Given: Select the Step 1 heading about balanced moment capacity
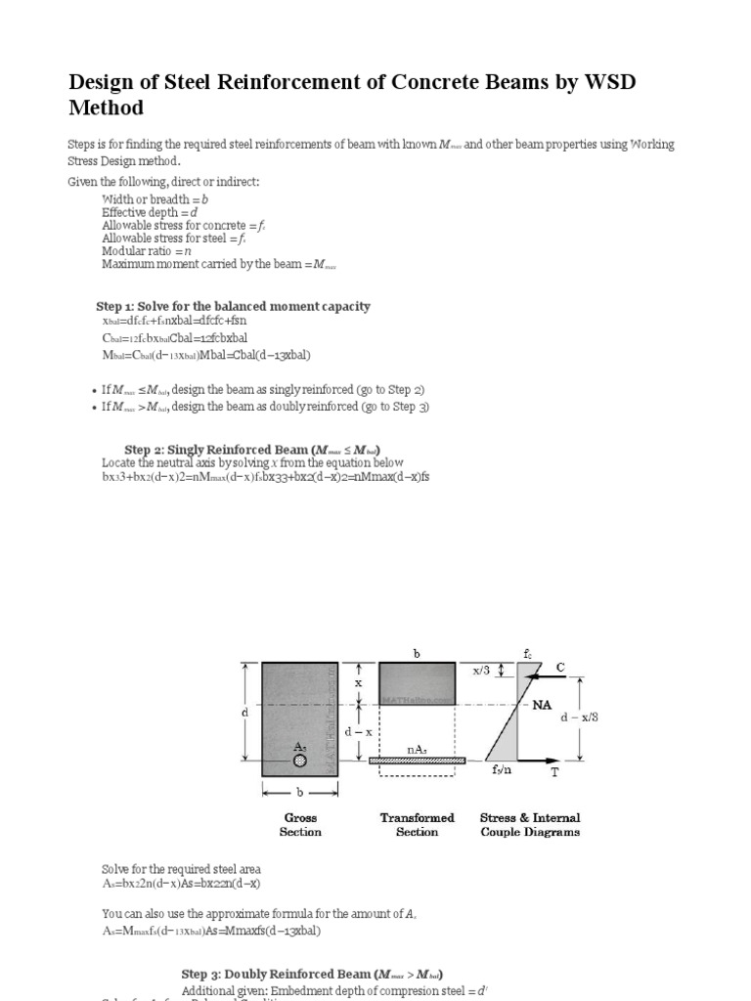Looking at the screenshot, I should [x=233, y=306].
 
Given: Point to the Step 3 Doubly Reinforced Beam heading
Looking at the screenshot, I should [x=312, y=974].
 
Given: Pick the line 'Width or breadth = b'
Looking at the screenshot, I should [x=155, y=198].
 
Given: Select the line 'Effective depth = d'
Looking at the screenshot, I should [x=151, y=211].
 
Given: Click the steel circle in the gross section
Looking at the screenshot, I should [x=300, y=760].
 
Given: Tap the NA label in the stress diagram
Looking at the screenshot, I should [x=543, y=705].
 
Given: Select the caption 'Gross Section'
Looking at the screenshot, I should [x=300, y=825].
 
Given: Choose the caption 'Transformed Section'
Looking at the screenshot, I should [x=418, y=825].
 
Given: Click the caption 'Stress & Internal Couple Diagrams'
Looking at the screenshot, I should [x=530, y=825].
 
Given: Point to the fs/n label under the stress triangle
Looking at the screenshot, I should [x=505, y=770].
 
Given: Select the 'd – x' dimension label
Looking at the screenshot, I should [x=359, y=732].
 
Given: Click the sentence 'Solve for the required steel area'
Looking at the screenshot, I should [x=181, y=868].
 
